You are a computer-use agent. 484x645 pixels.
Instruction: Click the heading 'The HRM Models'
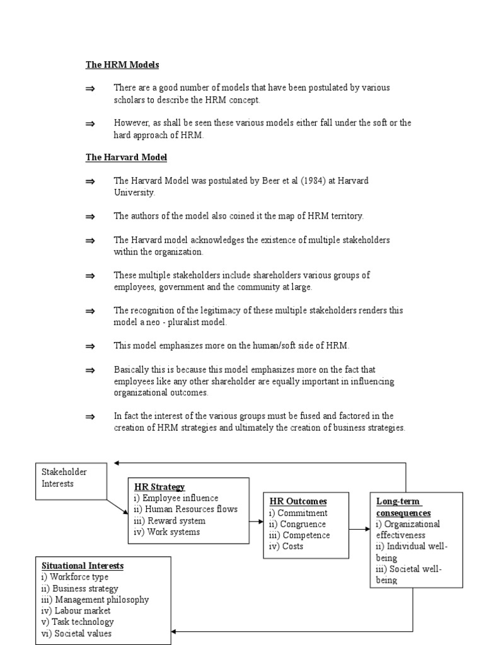coord(122,65)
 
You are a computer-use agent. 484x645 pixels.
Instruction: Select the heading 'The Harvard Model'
coord(126,157)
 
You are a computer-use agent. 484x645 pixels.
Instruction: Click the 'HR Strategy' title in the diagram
coord(159,487)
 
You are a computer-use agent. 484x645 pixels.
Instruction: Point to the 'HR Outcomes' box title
coord(298,501)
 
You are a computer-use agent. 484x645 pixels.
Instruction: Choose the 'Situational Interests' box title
coord(82,566)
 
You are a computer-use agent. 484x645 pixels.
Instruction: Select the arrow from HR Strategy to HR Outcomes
coord(255,522)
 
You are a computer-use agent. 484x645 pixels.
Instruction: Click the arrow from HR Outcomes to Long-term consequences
coord(359,530)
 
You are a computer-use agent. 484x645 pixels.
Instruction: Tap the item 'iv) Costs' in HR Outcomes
coord(286,547)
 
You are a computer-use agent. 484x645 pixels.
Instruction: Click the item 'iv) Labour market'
coord(76,611)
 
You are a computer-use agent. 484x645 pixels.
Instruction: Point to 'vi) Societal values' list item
coord(77,634)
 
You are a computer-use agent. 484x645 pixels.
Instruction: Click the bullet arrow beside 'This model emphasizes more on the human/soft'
coord(89,346)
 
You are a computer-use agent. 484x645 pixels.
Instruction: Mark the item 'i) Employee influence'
coord(176,498)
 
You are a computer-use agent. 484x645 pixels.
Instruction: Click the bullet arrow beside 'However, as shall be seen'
coord(89,123)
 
